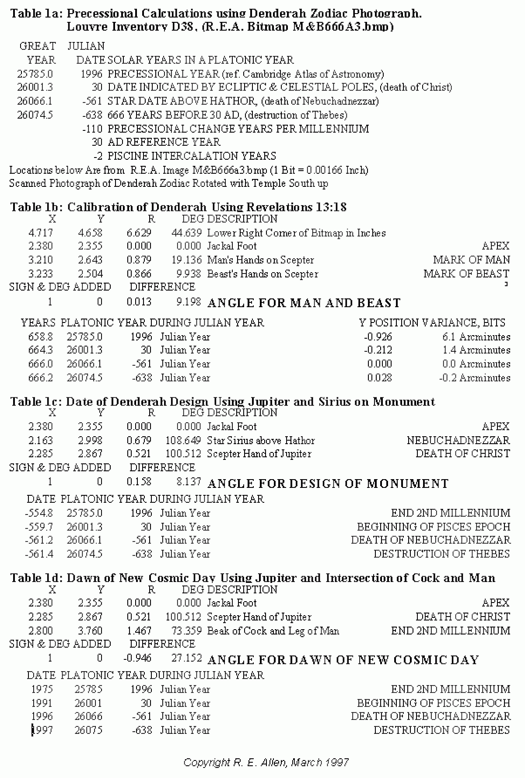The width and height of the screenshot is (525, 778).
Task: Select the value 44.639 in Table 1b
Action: (187, 233)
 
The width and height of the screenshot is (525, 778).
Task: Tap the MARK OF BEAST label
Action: (466, 274)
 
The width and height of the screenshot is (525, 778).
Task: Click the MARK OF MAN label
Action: (471, 260)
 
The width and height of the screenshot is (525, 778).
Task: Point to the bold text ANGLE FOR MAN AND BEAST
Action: (304, 303)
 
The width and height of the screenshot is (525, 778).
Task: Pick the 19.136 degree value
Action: (187, 260)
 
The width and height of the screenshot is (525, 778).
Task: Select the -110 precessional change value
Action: (92, 129)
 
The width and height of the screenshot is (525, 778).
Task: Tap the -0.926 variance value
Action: (378, 337)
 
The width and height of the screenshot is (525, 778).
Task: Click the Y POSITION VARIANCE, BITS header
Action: (432, 323)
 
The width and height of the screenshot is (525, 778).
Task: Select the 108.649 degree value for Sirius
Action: (183, 440)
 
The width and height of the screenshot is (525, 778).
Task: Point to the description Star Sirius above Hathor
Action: (261, 440)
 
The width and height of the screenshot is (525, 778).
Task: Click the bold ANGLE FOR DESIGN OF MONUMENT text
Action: (328, 484)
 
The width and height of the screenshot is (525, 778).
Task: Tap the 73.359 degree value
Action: (187, 631)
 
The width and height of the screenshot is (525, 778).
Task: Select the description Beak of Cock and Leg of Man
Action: (273, 631)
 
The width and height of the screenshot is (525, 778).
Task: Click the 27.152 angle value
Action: (187, 658)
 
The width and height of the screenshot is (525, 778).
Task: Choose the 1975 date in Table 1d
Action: (42, 689)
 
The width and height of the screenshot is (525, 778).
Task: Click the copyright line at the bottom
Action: (266, 762)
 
